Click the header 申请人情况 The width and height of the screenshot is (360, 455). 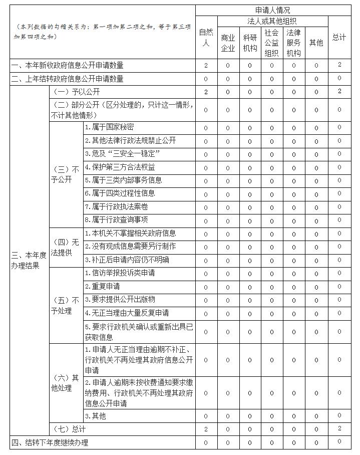click(x=272, y=10)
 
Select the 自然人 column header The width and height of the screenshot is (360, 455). click(x=206, y=38)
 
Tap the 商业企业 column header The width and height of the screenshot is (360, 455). click(x=228, y=43)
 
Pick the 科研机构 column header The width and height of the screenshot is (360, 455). click(x=250, y=43)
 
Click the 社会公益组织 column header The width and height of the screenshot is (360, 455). click(x=272, y=43)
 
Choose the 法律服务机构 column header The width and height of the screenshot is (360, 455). click(x=294, y=43)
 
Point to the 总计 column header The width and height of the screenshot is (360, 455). click(x=339, y=38)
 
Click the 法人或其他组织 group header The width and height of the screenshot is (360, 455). click(x=272, y=21)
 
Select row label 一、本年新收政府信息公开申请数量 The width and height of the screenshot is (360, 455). click(x=68, y=65)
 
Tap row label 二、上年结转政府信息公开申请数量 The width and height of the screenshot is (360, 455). click(x=68, y=79)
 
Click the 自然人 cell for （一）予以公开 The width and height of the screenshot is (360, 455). click(x=206, y=92)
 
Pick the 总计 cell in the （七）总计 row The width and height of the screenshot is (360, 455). click(x=339, y=428)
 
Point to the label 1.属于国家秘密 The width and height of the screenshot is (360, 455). click(x=109, y=127)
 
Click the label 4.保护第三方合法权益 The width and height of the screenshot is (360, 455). click(x=120, y=167)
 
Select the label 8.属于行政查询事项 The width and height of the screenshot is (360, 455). click(x=116, y=219)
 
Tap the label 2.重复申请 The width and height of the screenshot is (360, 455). click(x=102, y=286)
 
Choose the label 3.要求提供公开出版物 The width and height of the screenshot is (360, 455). click(x=120, y=299)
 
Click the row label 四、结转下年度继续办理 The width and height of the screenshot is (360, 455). click(x=50, y=442)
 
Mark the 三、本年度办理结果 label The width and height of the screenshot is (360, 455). click(x=29, y=260)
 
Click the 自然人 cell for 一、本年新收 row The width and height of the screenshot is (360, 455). click(x=206, y=65)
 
